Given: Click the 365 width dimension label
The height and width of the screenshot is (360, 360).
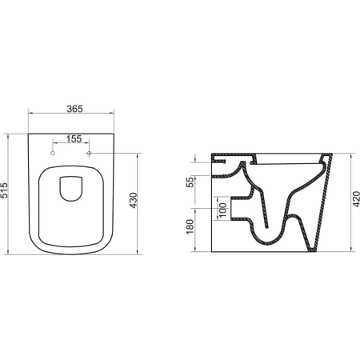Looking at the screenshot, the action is pyautogui.click(x=74, y=109).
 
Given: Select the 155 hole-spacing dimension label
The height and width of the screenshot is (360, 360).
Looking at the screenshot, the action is pyautogui.click(x=74, y=139).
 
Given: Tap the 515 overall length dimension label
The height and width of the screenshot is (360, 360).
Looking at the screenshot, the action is pyautogui.click(x=4, y=190).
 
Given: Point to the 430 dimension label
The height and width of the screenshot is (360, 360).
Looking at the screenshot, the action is pyautogui.click(x=133, y=200).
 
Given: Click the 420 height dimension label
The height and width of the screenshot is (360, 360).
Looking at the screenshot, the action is pyautogui.click(x=356, y=198).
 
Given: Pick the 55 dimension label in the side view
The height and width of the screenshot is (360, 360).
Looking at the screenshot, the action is pyautogui.click(x=190, y=182).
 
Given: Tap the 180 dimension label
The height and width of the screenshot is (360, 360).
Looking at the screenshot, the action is pyautogui.click(x=190, y=226).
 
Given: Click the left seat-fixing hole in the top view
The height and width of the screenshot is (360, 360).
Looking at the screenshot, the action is pyautogui.click(x=53, y=153).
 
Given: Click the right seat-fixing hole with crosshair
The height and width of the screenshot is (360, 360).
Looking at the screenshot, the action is pyautogui.click(x=90, y=153).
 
